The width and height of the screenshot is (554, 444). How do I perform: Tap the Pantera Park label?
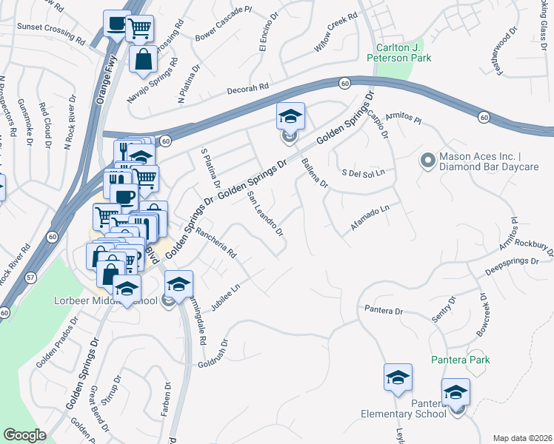(x=461, y=360)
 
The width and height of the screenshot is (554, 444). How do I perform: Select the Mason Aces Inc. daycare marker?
(x=427, y=160)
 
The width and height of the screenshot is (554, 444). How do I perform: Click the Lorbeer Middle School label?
(x=105, y=301)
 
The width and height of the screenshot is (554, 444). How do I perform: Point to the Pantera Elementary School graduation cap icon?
(x=455, y=392)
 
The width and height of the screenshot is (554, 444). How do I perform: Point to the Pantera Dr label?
(x=382, y=310)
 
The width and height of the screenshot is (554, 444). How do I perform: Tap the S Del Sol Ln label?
(x=364, y=172)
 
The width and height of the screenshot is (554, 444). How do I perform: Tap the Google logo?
(x=24, y=435)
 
